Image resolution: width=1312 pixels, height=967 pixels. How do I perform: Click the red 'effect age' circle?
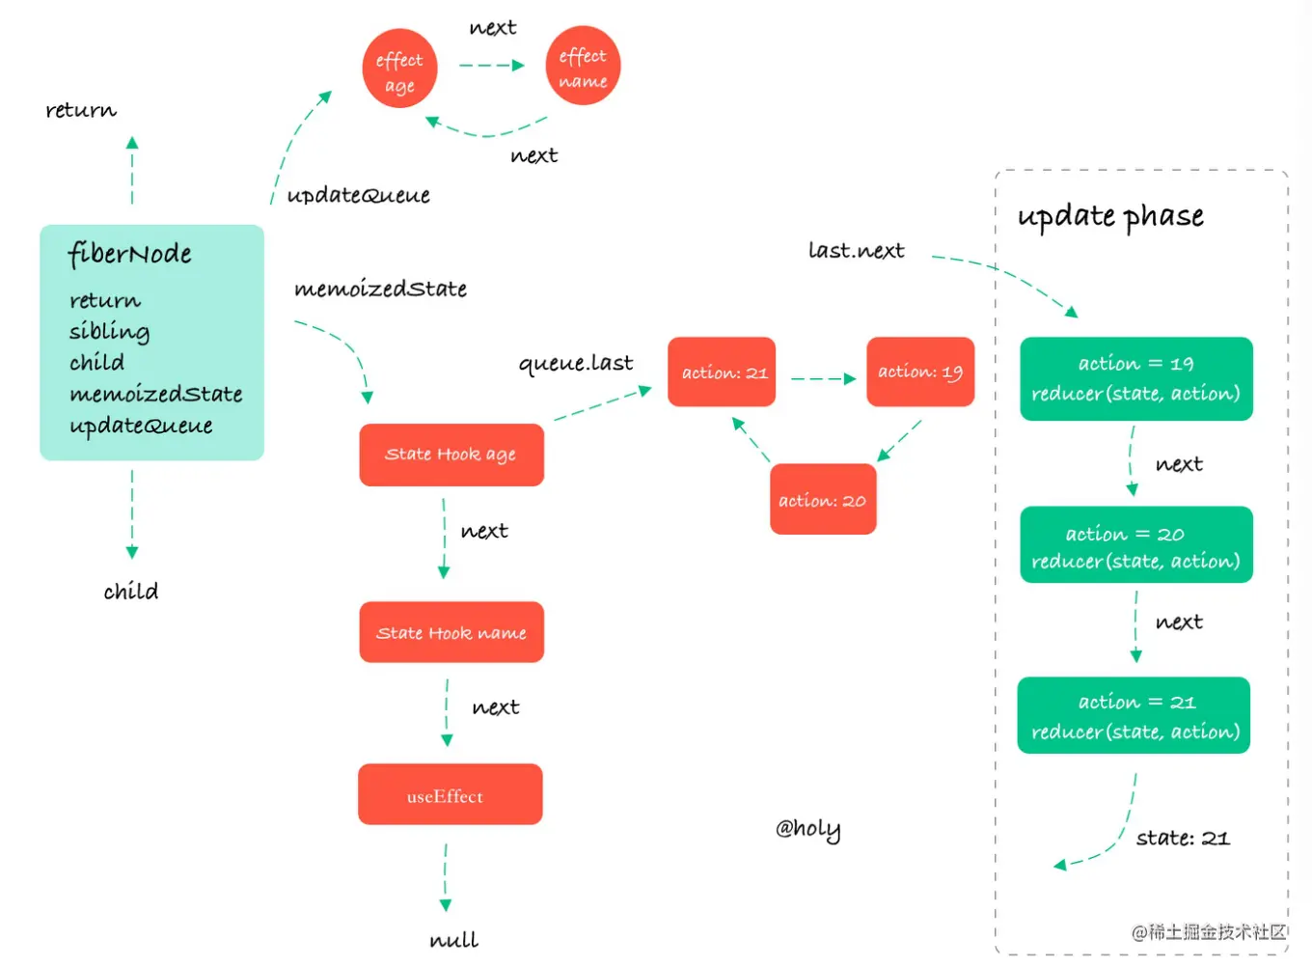coord(400,68)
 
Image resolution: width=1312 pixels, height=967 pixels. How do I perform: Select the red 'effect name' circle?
coord(583,65)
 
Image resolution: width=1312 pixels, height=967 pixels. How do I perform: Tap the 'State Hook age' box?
coord(451,455)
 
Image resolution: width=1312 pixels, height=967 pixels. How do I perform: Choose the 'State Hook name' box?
coord(451,632)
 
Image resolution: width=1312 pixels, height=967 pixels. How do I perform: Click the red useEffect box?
coord(451,794)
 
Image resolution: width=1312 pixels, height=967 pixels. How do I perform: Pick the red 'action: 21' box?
coord(722,372)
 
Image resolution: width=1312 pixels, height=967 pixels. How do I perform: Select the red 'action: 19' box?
coord(920,372)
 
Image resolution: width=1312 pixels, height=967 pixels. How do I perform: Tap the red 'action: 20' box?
coord(823,499)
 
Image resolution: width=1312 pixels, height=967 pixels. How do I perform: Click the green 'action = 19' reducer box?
coord(1136,378)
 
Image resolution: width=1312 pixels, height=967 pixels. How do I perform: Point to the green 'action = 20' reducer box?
coord(1136,544)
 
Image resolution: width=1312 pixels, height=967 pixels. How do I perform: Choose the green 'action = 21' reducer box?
coord(1134,715)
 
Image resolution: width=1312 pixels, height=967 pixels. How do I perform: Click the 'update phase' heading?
coord(1110,217)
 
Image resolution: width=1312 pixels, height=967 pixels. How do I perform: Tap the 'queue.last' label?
coord(576,364)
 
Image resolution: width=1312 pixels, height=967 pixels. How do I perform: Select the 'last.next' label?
coord(857,250)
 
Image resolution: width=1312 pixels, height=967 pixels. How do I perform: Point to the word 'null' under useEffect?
coord(454,940)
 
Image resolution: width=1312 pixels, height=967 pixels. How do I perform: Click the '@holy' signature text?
coord(808,829)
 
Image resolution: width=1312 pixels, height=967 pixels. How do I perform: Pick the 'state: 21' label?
coord(1183,838)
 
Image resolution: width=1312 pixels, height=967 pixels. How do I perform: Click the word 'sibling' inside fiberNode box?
coord(110,332)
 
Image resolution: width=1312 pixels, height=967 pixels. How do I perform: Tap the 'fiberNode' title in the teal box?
coord(129,255)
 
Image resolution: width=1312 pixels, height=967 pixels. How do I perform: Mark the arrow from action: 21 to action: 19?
coord(823,379)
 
